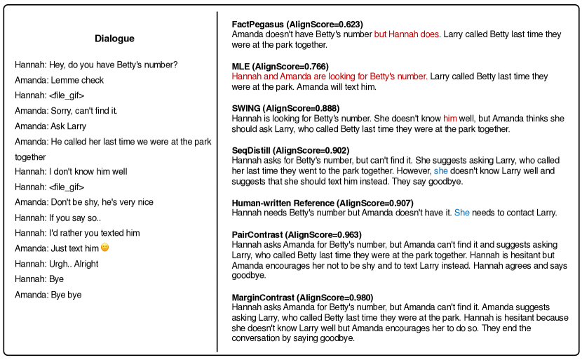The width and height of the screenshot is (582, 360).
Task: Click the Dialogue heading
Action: [x=114, y=39]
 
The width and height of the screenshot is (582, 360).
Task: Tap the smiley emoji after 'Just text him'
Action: [x=105, y=248]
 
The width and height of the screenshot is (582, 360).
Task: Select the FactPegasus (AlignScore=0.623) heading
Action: [x=298, y=25]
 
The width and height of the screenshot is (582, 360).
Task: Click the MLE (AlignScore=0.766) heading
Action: [x=280, y=66]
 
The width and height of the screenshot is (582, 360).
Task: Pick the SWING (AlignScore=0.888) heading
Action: [x=285, y=108]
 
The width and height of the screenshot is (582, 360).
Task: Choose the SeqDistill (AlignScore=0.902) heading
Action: [x=290, y=150]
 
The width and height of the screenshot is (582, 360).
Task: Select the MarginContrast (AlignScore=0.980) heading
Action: [x=302, y=298]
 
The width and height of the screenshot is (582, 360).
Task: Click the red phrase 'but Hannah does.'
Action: [x=407, y=34]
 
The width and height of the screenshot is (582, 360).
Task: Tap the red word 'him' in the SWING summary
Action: [x=449, y=119]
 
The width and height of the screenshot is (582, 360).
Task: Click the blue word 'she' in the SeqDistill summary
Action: [x=440, y=171]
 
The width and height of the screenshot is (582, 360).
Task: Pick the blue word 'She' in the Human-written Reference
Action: [x=461, y=213]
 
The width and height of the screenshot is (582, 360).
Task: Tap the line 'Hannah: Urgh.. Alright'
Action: [x=57, y=264]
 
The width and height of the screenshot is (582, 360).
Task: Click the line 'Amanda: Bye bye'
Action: [x=48, y=295]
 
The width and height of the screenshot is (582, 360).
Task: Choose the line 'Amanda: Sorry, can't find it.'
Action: [x=66, y=111]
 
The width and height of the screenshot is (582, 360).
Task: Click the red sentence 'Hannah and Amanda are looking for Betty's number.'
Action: [x=329, y=76]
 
